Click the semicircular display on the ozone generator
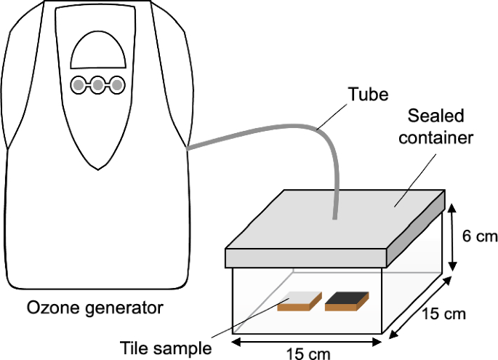coord(96,52)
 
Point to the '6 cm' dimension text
coord(478,236)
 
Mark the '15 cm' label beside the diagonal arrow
coord(443,314)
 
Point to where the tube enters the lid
coord(334,217)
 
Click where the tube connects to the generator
coord(188,148)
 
